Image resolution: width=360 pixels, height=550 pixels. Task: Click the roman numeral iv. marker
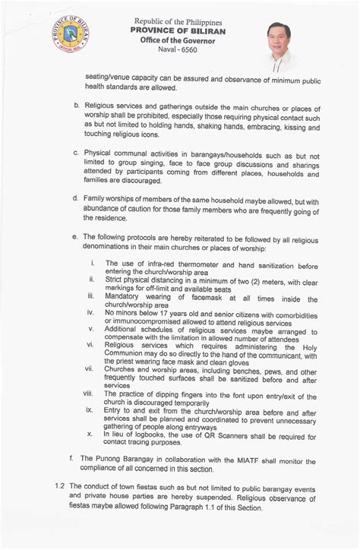pos(90,312)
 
